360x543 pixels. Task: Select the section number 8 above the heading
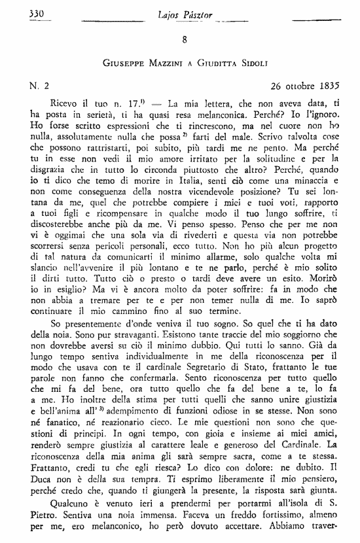[185, 41]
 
